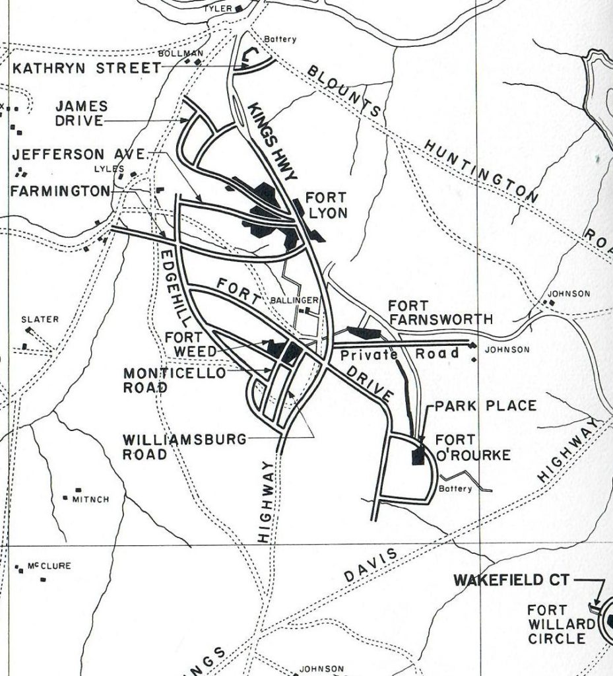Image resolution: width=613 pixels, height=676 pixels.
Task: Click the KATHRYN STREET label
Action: pos(87,68)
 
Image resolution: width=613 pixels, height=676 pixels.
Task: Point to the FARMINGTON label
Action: pos(60,191)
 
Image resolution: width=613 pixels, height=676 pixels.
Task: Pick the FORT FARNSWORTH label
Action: pos(439,313)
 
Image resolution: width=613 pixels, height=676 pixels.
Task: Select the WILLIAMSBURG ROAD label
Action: pos(184,446)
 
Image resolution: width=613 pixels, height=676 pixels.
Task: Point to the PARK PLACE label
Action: pos(485,405)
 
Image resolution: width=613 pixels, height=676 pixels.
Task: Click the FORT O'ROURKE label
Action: pos(464,446)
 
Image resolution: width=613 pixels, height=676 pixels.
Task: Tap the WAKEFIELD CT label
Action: pos(511,580)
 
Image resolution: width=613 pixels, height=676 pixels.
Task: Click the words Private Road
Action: pos(401,354)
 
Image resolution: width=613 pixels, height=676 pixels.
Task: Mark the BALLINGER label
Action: pos(295,300)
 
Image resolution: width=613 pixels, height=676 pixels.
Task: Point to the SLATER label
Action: pos(40,320)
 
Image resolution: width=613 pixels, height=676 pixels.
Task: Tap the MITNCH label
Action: pos(90,500)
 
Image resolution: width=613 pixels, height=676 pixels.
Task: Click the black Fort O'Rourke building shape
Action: pos(418,455)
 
